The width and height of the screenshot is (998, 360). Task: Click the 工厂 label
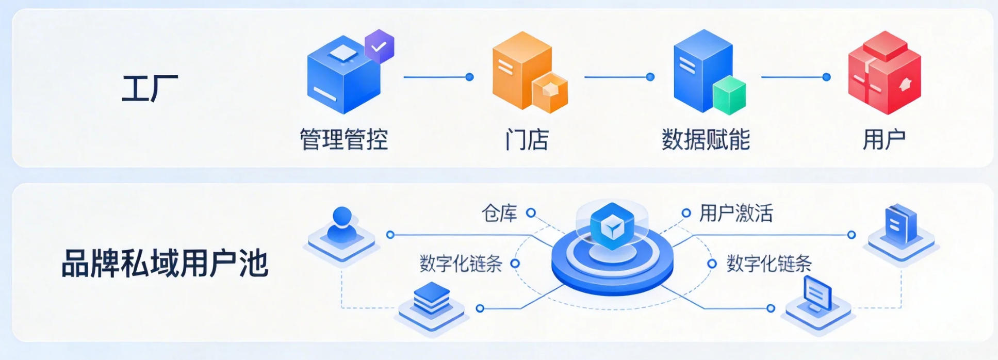coord(150,88)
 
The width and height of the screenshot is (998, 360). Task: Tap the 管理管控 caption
coord(343,139)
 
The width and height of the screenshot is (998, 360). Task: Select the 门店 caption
coord(527,139)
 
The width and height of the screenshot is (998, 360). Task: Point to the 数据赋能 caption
coord(706,139)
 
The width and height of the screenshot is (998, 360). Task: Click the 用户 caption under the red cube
coord(884,139)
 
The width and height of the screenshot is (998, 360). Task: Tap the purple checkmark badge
coord(380,46)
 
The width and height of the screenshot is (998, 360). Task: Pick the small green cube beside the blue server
coord(729,96)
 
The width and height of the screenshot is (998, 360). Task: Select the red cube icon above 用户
coord(884,72)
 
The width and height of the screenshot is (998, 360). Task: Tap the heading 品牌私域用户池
coord(165,264)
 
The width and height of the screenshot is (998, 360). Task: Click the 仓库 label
coord(499,213)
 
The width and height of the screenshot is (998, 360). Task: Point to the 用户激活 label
coord(735,213)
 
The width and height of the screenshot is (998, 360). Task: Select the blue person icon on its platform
coord(341,227)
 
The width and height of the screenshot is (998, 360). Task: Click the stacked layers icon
coord(432,299)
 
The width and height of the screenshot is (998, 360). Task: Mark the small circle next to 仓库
coord(531,212)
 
